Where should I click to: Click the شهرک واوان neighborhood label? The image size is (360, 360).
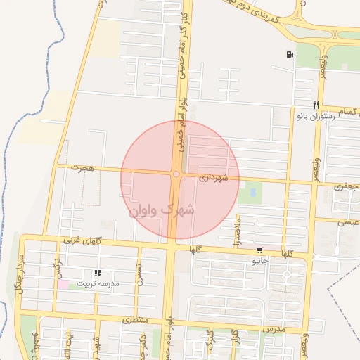click(x=162, y=209)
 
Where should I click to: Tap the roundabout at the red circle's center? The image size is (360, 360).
click(x=175, y=174)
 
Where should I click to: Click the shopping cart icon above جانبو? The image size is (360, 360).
click(x=260, y=250)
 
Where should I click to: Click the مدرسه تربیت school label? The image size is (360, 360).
click(x=98, y=283)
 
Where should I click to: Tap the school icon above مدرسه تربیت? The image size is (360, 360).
click(x=98, y=273)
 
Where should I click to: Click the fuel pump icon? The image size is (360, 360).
click(x=290, y=55)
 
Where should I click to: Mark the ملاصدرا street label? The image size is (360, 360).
click(x=237, y=232)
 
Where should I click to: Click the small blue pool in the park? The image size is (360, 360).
click(x=252, y=192)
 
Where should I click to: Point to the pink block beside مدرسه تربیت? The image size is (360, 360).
click(x=63, y=284)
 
